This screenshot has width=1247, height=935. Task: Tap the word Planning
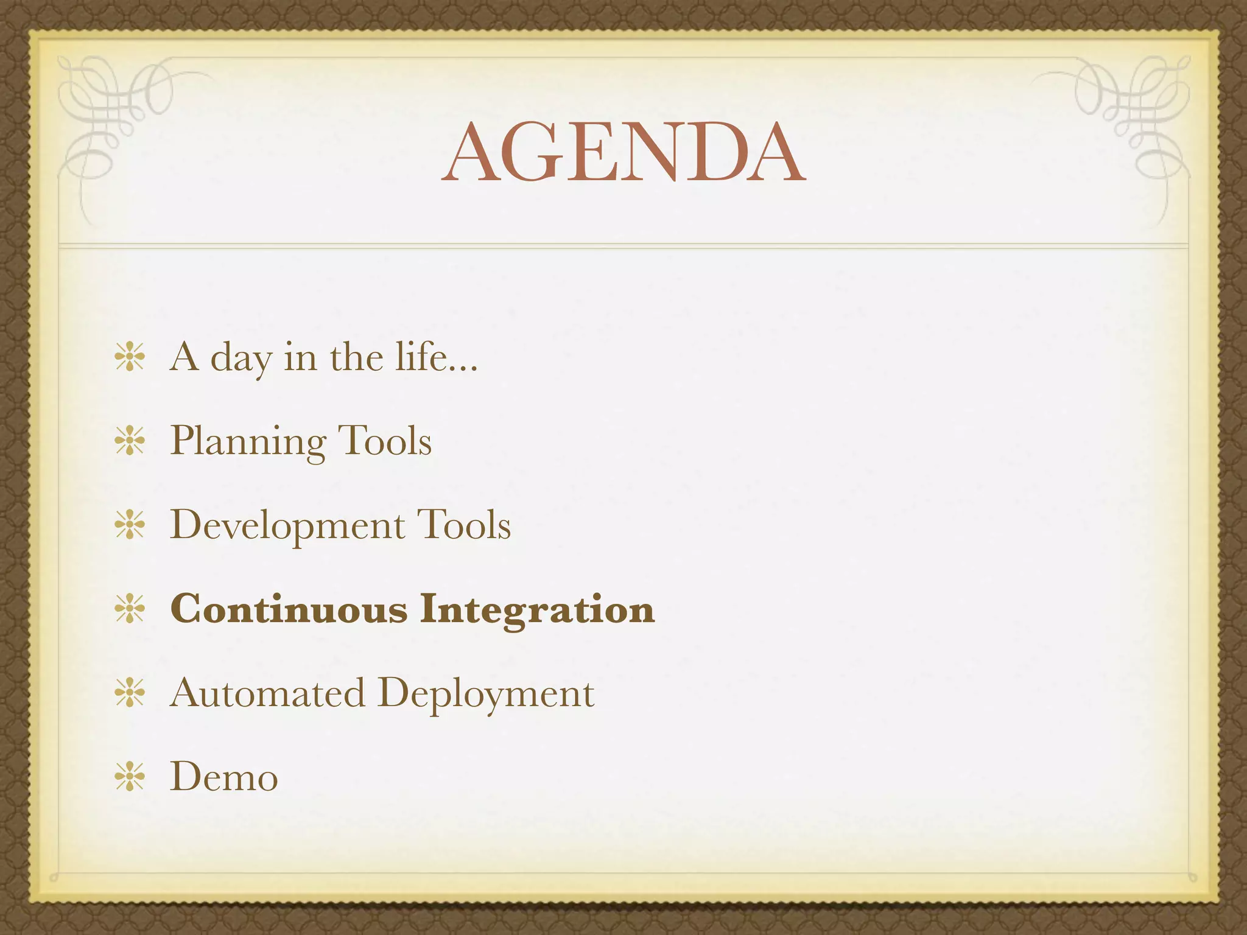[247, 441]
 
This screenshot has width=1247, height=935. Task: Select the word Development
[287, 525]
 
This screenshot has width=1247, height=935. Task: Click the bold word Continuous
[289, 609]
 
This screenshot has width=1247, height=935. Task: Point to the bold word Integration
[537, 609]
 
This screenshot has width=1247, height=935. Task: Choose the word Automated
[268, 693]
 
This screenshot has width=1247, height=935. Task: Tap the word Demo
[224, 777]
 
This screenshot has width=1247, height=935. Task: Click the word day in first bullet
[241, 358]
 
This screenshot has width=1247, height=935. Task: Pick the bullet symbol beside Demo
[130, 777]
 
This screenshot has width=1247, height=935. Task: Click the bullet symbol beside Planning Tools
[130, 441]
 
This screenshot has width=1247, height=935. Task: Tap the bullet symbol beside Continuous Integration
[130, 609]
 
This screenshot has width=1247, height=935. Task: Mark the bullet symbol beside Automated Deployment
[130, 693]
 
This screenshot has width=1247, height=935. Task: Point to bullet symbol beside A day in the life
[130, 357]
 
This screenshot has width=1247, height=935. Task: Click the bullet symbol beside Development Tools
[130, 525]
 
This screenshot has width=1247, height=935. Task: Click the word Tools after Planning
[384, 441]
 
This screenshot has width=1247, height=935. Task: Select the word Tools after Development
[463, 525]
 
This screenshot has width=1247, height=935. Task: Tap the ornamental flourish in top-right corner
[1133, 122]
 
